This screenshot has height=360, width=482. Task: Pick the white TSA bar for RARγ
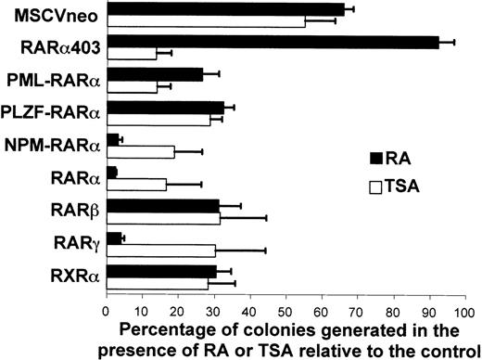coord(161,251)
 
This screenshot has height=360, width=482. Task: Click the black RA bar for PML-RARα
coord(155,74)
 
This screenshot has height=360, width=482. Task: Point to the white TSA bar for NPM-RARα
coord(141,151)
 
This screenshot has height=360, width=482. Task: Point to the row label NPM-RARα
coord(54,146)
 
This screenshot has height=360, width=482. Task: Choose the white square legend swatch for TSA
coord(375,186)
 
